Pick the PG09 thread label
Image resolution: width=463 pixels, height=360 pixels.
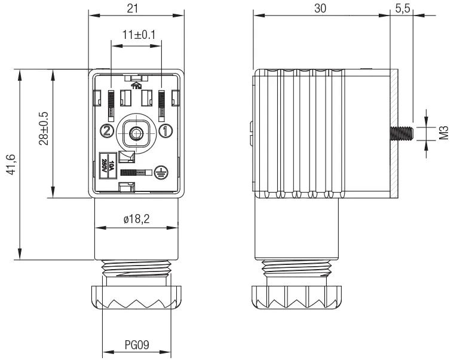pyautogui.click(x=137, y=345)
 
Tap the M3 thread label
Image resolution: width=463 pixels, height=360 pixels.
pyautogui.click(x=443, y=133)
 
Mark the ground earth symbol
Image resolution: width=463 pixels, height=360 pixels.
pyautogui.click(x=160, y=172)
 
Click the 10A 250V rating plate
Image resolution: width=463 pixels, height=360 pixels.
pyautogui.click(x=106, y=163)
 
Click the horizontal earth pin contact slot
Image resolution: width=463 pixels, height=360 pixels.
pyautogui.click(x=134, y=172)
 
